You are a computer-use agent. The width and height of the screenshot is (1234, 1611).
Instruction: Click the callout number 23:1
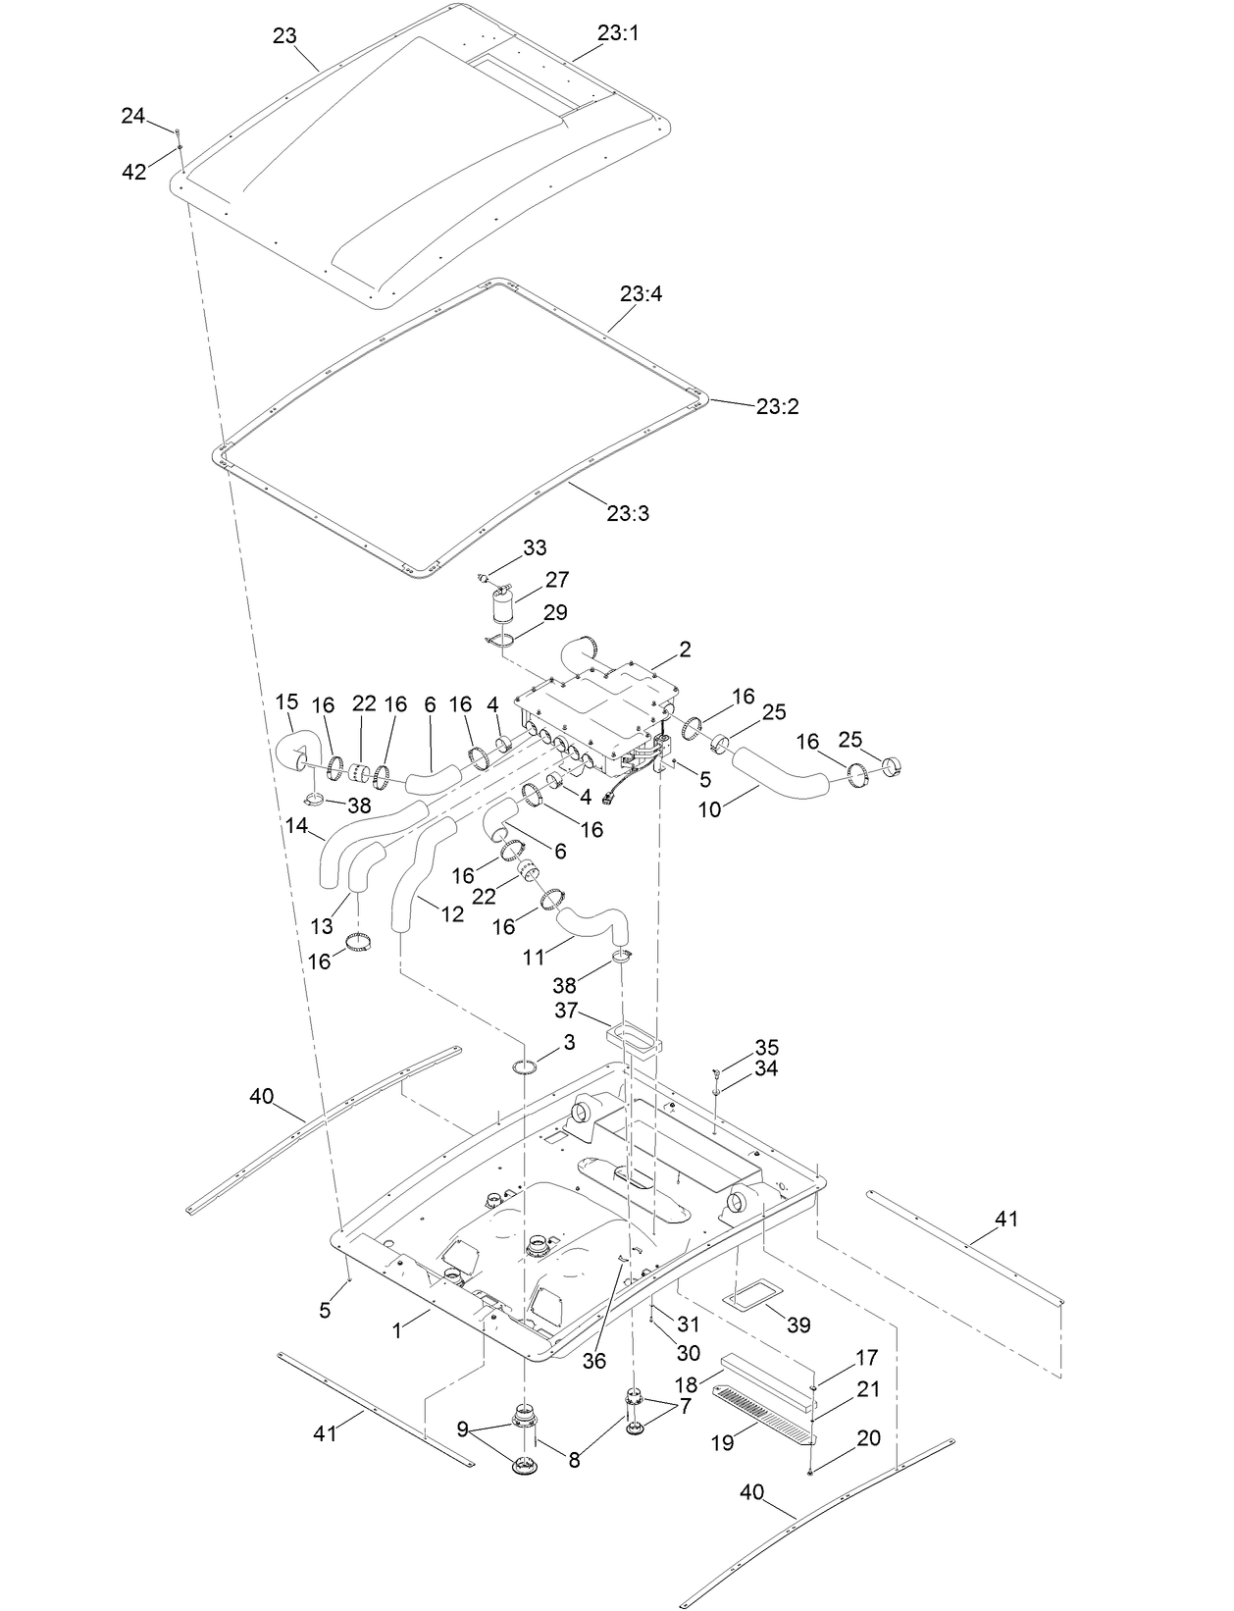tap(617, 32)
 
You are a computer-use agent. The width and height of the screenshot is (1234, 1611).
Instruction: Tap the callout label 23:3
tap(628, 513)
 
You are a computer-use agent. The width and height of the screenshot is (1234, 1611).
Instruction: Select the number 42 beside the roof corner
tap(134, 172)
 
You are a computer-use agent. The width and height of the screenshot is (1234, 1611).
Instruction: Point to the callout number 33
tap(535, 547)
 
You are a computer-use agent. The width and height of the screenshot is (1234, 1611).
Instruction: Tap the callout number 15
tap(286, 702)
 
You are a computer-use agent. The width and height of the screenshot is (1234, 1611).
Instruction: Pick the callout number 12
tap(452, 914)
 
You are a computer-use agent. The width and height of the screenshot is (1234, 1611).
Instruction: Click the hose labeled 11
tap(591, 924)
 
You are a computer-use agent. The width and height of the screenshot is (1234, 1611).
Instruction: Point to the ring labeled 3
tap(526, 1066)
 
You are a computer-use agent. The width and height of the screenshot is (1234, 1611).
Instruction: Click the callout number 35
tap(766, 1047)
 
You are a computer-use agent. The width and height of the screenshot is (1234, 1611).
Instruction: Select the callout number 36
tap(594, 1361)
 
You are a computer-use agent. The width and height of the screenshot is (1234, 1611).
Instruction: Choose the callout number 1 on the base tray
tap(397, 1331)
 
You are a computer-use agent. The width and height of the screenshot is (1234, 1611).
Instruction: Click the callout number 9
tap(462, 1429)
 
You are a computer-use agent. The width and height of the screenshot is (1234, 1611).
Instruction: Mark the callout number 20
tap(868, 1438)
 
